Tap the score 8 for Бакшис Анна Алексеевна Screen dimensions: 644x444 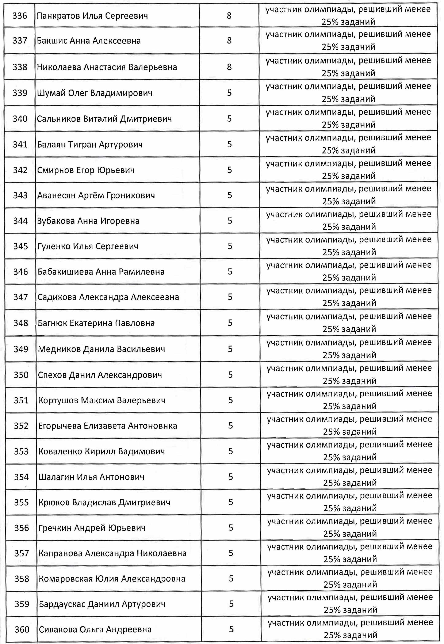coord(229,41)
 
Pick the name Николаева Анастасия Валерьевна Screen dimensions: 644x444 coord(107,67)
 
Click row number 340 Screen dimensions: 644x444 coord(20,119)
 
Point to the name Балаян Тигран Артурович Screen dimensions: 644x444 coord(90,144)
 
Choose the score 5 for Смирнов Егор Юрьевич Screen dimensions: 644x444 coord(230,170)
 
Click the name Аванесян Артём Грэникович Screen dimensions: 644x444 coord(96,195)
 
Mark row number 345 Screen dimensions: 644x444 coord(21,246)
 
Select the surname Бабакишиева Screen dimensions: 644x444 coord(65,271)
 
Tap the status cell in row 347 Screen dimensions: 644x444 coord(349,297)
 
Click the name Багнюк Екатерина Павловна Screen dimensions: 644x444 coord(96,323)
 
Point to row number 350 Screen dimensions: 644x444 coord(21,375)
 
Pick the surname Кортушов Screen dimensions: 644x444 coord(58,400)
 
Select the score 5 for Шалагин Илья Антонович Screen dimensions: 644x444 coord(231,477)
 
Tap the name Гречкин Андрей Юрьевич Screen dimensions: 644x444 coord(92,528)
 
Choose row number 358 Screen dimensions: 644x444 coord(22,579)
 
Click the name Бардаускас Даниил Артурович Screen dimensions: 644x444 coord(102,604)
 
